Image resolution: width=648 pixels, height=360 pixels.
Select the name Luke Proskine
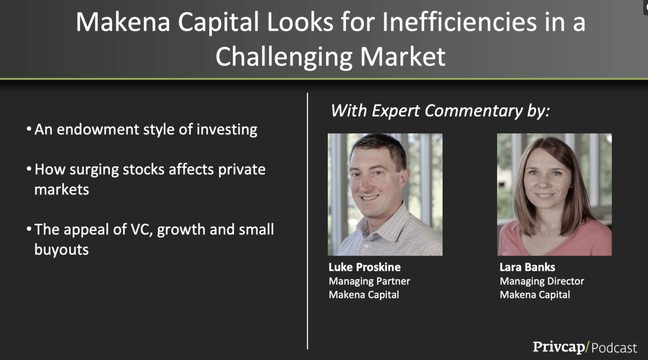364,267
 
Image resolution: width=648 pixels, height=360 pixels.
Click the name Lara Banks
527,267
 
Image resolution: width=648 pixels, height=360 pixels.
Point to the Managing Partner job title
369,281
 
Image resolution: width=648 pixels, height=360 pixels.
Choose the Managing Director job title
542,281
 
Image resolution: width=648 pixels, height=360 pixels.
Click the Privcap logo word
559,347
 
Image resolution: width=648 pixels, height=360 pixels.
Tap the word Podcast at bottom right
614,348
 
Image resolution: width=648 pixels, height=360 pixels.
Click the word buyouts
61,250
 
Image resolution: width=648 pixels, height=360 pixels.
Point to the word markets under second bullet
61,190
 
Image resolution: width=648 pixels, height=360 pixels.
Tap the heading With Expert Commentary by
440,111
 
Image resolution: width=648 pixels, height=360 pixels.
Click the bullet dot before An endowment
29,129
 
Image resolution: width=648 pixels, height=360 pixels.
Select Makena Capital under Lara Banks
535,295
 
